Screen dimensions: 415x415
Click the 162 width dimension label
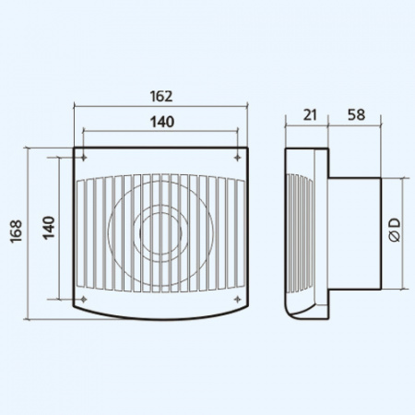pos(161,96)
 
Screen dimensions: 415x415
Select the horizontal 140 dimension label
pos(162,122)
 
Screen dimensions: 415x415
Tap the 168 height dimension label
pos(16,231)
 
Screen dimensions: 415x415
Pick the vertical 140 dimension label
pos(49,228)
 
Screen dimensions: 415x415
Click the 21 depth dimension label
pos(310,115)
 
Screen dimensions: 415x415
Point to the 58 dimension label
pos(356,114)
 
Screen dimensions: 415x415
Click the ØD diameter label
pos(395,230)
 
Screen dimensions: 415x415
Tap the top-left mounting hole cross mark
pos(83,158)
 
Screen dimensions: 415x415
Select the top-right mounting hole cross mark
pos(237,158)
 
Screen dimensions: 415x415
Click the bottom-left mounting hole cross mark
pos(83,299)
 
